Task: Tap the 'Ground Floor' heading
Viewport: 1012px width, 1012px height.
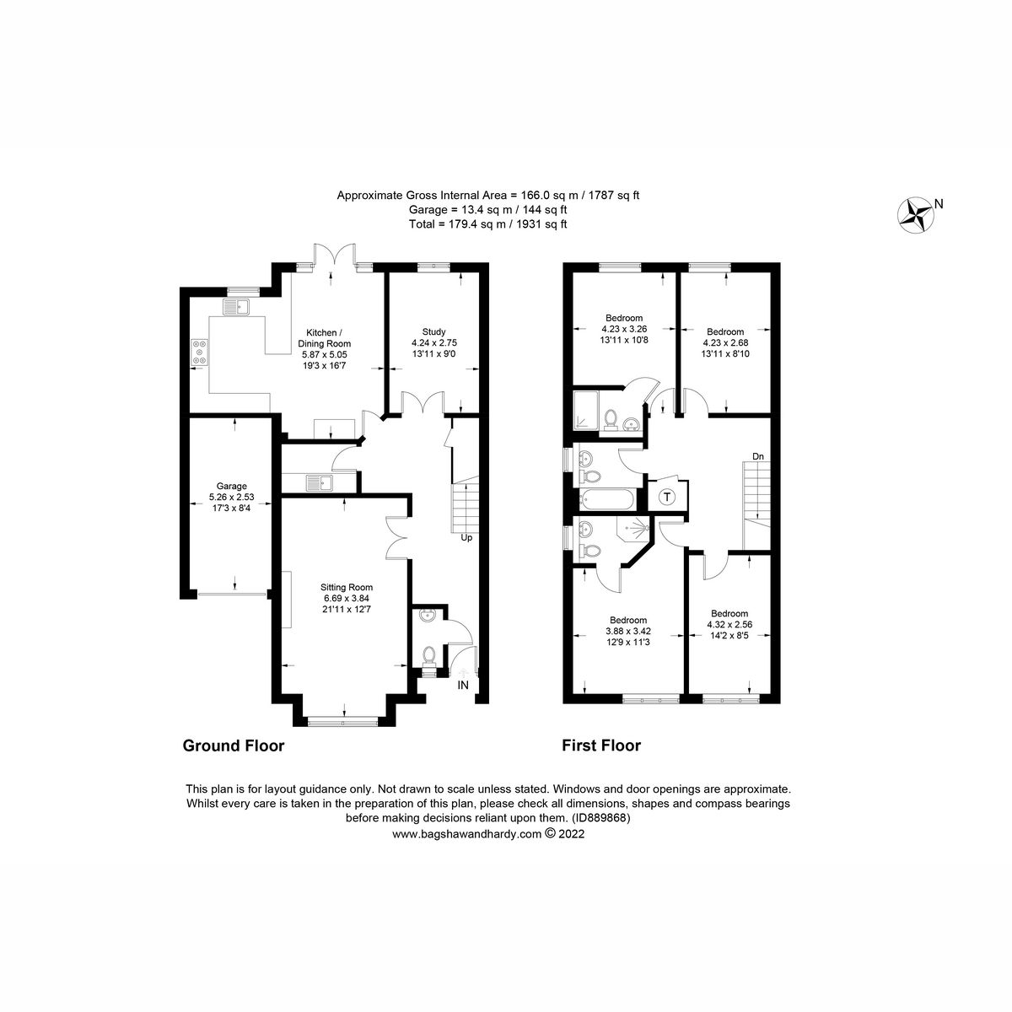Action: point(234,746)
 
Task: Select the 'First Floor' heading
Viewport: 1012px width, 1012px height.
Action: point(601,746)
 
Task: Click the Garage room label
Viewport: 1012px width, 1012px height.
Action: point(231,486)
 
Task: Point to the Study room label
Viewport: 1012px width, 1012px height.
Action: point(434,331)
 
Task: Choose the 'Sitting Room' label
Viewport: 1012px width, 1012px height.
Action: point(346,587)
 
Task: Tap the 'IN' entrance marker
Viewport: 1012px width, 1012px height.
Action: point(462,686)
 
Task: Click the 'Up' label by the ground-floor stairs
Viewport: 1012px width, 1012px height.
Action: point(465,536)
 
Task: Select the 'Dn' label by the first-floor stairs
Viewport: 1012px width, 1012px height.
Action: point(758,456)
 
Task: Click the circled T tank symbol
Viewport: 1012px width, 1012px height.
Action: point(667,497)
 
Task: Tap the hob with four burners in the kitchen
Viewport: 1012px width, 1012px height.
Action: point(200,352)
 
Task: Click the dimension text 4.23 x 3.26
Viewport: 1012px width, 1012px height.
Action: point(622,329)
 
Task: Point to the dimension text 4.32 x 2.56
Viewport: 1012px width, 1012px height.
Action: point(729,625)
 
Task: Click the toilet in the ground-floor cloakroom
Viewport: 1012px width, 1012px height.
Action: point(429,655)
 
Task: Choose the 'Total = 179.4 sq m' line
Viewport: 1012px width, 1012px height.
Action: point(488,224)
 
